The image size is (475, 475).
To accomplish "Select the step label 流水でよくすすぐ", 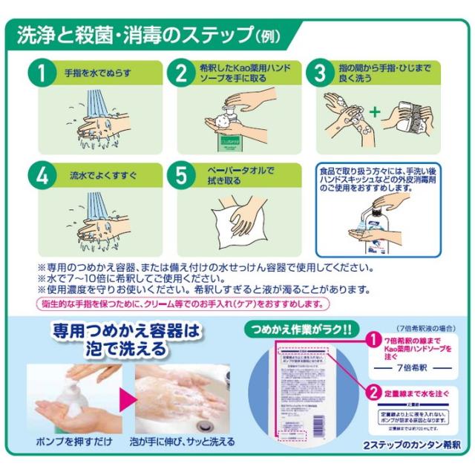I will click(x=100, y=178).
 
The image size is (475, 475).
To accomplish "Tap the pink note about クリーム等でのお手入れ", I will click(x=182, y=304).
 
